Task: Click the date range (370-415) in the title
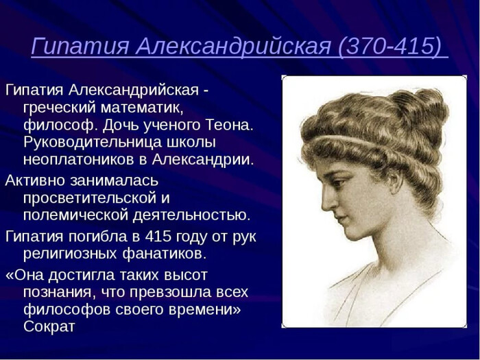click(x=390, y=47)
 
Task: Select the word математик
click(x=142, y=108)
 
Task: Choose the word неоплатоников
click(x=79, y=160)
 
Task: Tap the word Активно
click(x=35, y=180)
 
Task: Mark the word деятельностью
click(x=191, y=215)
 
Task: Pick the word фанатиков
click(x=164, y=254)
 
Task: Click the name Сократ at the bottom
click(x=49, y=326)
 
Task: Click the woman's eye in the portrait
click(x=337, y=183)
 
